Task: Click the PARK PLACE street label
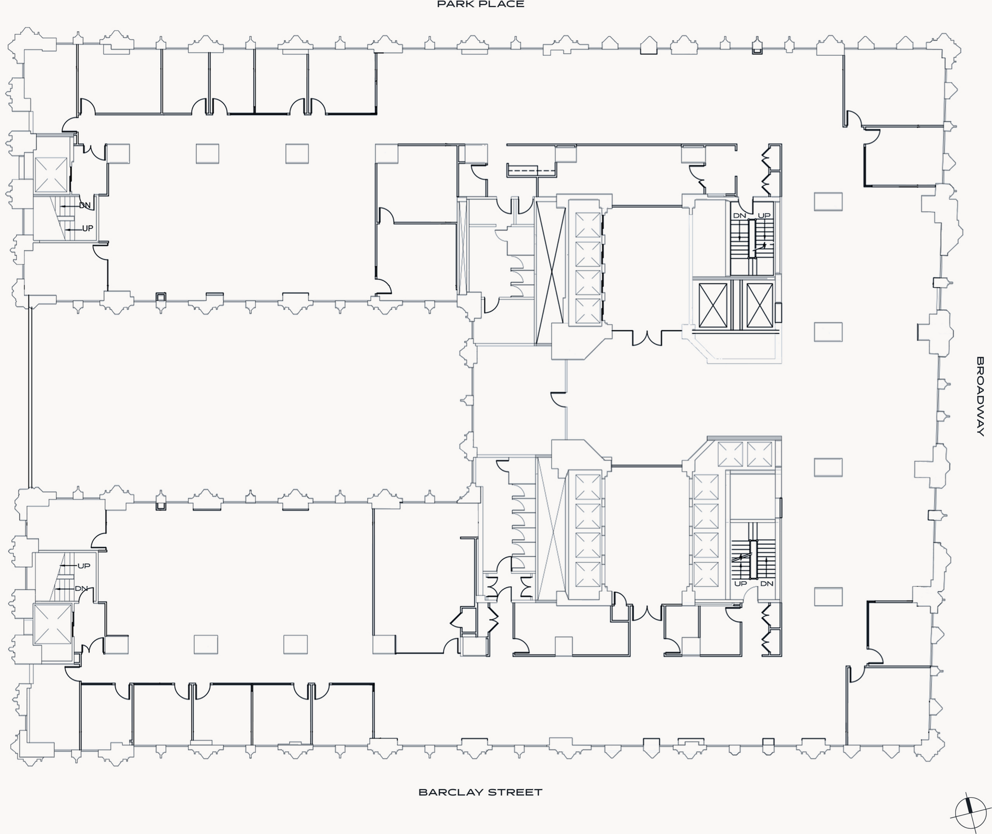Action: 480,4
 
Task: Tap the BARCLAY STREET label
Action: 480,792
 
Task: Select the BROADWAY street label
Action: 980,397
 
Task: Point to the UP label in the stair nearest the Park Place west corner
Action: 88,229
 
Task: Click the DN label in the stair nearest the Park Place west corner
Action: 85,205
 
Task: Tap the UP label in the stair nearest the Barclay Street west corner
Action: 84,566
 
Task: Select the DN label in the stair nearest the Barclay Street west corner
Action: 81,589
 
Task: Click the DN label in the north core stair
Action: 740,216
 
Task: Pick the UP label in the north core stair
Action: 764,216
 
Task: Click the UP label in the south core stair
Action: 741,584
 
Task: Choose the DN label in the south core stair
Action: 767,584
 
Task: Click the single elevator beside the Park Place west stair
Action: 51,175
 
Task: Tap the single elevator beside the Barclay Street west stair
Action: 52,624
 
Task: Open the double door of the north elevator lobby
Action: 647,338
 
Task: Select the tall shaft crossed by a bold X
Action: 550,273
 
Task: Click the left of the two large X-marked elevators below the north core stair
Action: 713,306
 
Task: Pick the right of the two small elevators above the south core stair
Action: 759,454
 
